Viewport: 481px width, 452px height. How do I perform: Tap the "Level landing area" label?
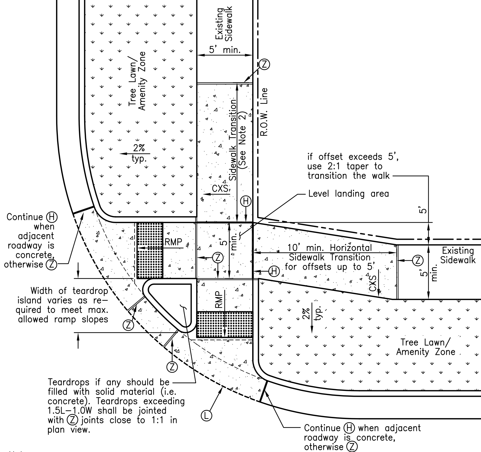click(x=349, y=194)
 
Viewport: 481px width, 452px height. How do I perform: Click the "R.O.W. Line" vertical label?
click(x=264, y=112)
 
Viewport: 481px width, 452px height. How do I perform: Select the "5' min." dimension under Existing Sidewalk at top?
click(x=224, y=50)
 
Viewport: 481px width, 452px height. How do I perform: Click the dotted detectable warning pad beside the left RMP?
click(x=150, y=250)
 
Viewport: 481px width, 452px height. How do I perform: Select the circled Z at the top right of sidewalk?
click(x=264, y=64)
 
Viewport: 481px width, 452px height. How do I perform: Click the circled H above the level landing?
click(x=246, y=201)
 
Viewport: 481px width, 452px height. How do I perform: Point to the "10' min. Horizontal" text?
click(x=330, y=248)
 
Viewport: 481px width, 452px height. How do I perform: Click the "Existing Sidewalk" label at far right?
click(x=458, y=255)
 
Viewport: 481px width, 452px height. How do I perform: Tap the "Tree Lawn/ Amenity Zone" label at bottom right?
click(x=425, y=347)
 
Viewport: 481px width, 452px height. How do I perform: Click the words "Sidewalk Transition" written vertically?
click(x=233, y=140)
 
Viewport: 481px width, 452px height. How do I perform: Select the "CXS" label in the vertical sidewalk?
click(x=220, y=189)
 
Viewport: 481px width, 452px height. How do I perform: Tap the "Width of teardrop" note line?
click(x=69, y=291)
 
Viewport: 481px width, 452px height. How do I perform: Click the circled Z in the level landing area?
click(x=218, y=258)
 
